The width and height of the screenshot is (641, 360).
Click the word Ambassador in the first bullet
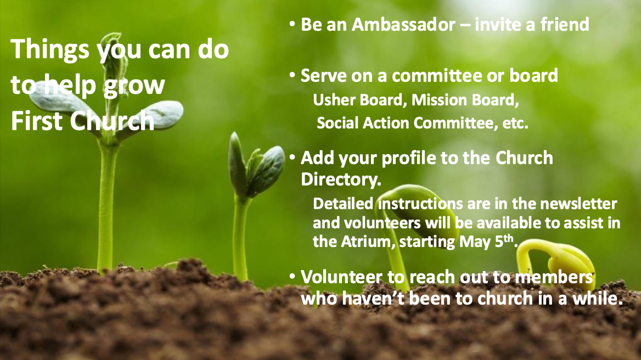(x=403, y=25)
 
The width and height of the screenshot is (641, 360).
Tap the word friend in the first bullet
(x=565, y=25)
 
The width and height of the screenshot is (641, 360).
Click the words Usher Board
(x=358, y=100)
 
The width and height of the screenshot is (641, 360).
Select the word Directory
(x=341, y=179)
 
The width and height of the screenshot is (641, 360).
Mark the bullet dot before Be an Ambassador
(x=292, y=24)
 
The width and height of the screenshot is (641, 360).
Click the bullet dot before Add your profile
(x=292, y=157)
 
